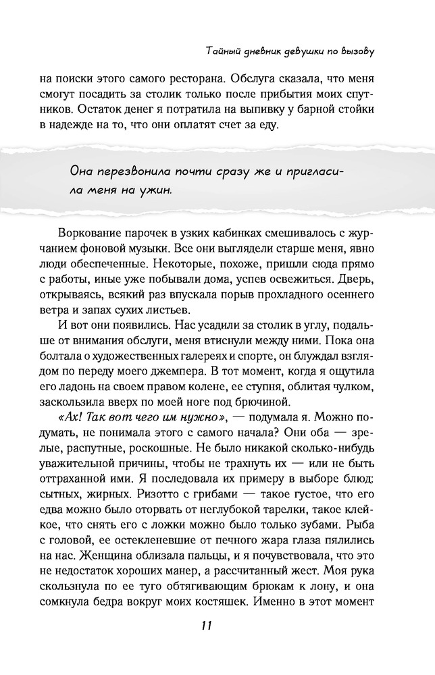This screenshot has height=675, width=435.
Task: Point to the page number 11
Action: (x=207, y=625)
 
